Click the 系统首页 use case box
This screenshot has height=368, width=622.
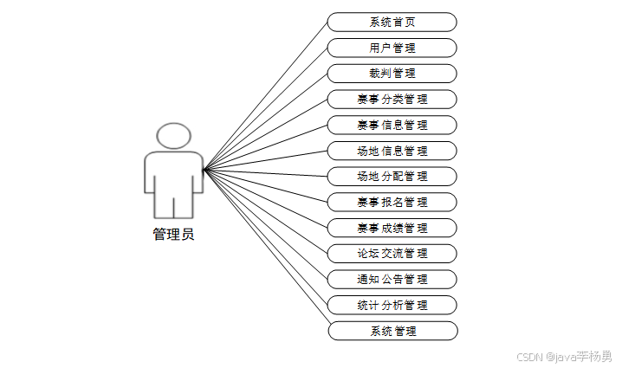(392, 22)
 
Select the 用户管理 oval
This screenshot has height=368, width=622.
(392, 48)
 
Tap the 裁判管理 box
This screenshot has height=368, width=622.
(392, 74)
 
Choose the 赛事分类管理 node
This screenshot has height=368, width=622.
(392, 99)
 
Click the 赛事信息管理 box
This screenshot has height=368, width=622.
(392, 125)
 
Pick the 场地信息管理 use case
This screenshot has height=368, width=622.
(392, 151)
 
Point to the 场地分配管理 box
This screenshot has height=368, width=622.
(392, 177)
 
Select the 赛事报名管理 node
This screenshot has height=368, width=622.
(392, 202)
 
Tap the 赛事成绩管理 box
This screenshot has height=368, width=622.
(392, 228)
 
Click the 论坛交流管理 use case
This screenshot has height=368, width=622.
(392, 254)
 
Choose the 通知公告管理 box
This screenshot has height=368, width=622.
(392, 279)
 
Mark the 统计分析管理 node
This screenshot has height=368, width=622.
(392, 305)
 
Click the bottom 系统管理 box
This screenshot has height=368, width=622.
(392, 331)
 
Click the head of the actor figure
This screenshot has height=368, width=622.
(173, 136)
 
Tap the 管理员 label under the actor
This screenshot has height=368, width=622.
(173, 234)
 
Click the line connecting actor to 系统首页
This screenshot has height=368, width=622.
(265, 95)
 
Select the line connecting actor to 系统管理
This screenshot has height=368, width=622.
(265, 250)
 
